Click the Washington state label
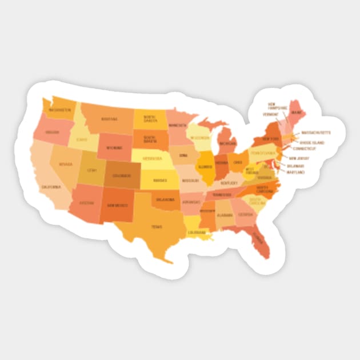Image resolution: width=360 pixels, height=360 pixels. (x=59, y=110)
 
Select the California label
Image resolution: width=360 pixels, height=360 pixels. (x=50, y=186)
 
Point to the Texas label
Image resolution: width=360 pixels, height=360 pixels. (x=157, y=226)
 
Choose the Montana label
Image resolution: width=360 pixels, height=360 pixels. (x=109, y=119)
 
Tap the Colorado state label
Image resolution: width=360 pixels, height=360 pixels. (x=122, y=175)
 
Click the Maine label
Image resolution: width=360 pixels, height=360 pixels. (x=296, y=113)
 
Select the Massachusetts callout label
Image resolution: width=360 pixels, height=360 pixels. (x=315, y=133)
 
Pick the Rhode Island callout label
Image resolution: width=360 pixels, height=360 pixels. (x=311, y=142)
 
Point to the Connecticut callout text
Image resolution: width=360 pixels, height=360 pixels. (x=305, y=149)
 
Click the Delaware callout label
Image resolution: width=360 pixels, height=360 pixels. (x=295, y=166)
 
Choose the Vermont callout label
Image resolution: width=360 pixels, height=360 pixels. (x=271, y=114)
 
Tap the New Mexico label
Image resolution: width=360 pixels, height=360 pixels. (x=116, y=205)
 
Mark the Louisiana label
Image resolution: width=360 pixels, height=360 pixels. (x=196, y=233)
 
